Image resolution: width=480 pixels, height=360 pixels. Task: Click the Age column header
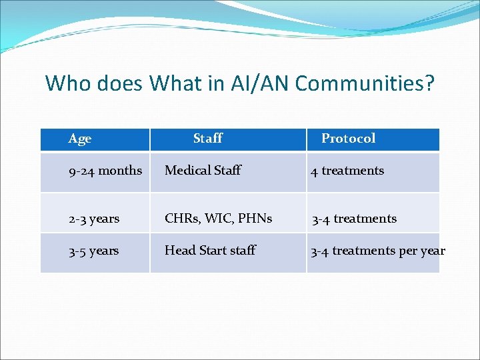click(x=80, y=139)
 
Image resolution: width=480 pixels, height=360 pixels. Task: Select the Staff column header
click(x=207, y=139)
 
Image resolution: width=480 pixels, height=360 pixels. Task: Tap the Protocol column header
click(x=348, y=139)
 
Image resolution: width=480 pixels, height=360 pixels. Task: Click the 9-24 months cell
click(x=105, y=171)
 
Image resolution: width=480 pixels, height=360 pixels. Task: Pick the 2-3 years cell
click(x=94, y=219)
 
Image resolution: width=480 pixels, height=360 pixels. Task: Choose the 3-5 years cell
click(x=94, y=251)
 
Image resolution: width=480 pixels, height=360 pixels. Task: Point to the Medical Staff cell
click(x=203, y=171)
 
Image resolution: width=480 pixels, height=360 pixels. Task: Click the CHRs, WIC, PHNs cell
click(x=218, y=219)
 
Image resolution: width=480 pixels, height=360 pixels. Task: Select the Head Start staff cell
click(x=210, y=251)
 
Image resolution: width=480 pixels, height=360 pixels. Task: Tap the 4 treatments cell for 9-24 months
click(x=347, y=171)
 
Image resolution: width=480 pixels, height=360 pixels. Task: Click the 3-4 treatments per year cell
click(x=378, y=251)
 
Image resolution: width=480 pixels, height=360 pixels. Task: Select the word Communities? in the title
click(x=365, y=83)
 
